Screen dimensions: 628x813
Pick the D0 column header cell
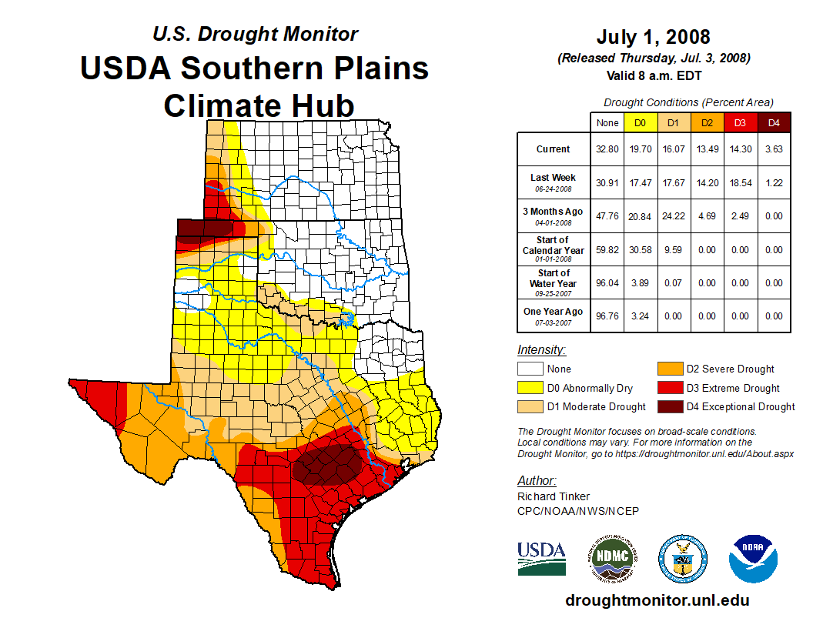pyautogui.click(x=640, y=122)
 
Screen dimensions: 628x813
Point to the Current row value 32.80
pyautogui.click(x=607, y=149)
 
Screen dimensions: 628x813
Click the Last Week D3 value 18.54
pyautogui.click(x=740, y=183)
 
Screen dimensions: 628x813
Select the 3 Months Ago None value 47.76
pyautogui.click(x=607, y=216)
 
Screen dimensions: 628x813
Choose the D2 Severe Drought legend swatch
pyautogui.click(x=669, y=369)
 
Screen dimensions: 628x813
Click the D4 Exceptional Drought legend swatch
pyautogui.click(x=669, y=406)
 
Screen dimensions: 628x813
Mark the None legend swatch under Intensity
pyautogui.click(x=530, y=369)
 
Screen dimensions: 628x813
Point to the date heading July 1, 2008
pyautogui.click(x=653, y=37)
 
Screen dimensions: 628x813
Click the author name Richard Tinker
pyautogui.click(x=554, y=496)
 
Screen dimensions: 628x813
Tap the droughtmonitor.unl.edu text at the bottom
pyautogui.click(x=657, y=600)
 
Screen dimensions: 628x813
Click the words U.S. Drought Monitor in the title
pyautogui.click(x=255, y=35)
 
